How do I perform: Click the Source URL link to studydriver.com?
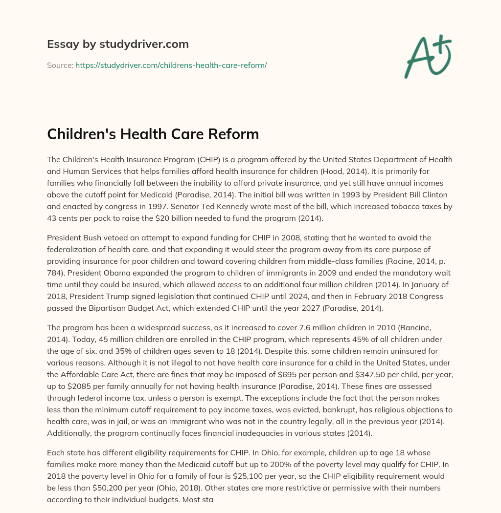[171, 65]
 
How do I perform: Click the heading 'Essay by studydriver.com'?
[118, 44]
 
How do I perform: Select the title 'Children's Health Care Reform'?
[153, 134]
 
